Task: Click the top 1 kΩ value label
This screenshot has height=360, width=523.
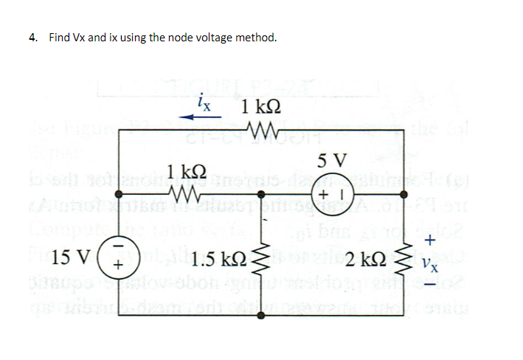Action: click(x=259, y=107)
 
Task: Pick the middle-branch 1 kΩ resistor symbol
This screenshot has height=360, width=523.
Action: click(x=181, y=196)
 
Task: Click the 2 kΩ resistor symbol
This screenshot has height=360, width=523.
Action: click(x=404, y=259)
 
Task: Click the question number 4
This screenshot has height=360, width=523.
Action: click(x=32, y=38)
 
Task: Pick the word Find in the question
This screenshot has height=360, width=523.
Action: click(x=59, y=38)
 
